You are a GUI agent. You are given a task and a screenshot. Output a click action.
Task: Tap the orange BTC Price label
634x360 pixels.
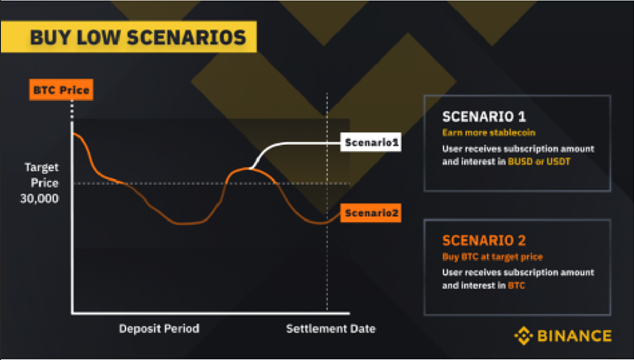point(61,91)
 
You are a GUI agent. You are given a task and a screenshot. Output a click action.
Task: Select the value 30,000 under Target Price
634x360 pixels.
point(39,198)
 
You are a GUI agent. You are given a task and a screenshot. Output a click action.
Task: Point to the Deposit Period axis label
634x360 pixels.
point(159,328)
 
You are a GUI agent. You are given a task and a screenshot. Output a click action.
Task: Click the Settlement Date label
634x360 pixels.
point(331,328)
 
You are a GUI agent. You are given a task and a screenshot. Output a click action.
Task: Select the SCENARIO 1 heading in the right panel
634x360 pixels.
point(484,116)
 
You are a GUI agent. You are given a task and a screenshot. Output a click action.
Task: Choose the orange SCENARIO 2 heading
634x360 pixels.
point(484,240)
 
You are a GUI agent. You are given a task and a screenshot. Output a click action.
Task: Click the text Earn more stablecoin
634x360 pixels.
point(488,133)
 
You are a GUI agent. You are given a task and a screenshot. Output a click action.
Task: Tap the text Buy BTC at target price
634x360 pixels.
point(492,256)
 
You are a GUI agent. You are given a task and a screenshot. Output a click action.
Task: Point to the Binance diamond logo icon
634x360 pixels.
point(524,336)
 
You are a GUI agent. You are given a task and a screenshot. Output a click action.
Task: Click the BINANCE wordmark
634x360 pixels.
point(574,336)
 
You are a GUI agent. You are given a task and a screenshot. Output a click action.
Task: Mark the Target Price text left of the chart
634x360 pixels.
point(42,175)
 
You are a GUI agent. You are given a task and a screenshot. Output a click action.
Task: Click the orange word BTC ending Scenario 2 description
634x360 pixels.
point(517,285)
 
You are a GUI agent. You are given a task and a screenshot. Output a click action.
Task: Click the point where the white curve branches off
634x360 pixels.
point(250,168)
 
